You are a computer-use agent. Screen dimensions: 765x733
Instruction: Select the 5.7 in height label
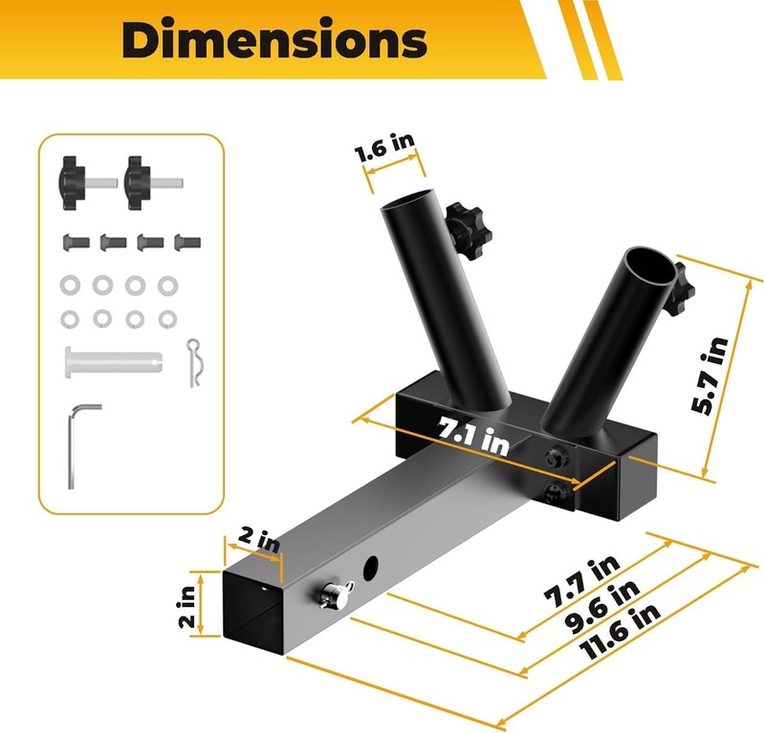tap(710, 376)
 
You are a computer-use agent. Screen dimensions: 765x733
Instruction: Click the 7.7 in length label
tap(582, 583)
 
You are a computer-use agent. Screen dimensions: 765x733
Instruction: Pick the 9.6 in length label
tap(602, 607)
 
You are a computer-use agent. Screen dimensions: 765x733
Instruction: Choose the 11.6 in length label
tap(620, 632)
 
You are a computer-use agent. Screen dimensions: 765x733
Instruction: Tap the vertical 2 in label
tap(186, 606)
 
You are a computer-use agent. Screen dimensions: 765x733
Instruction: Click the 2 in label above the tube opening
tap(259, 540)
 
